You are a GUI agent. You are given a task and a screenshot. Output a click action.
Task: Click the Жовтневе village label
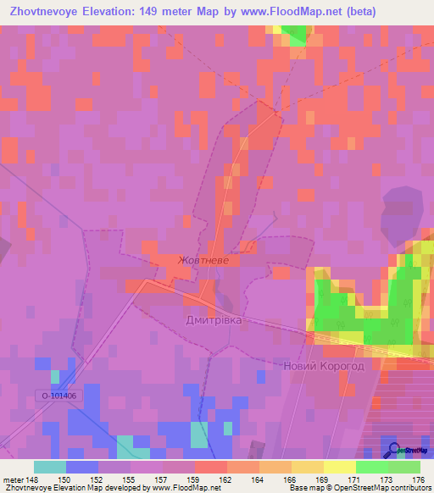(203, 261)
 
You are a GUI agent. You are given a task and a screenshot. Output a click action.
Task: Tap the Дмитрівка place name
(214, 321)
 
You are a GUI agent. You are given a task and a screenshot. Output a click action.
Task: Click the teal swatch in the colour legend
(49, 467)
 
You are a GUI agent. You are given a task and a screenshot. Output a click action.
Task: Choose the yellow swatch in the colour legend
(339, 467)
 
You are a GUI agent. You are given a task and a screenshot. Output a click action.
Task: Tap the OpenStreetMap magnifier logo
(392, 450)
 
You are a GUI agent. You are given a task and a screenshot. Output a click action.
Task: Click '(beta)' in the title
(355, 11)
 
